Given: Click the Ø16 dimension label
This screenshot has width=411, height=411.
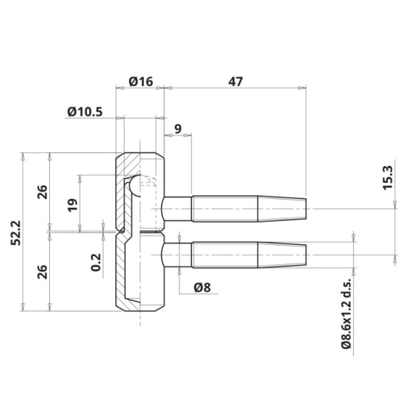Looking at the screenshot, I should pyautogui.click(x=140, y=82).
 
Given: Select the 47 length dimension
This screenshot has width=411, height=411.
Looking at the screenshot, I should pyautogui.click(x=235, y=82).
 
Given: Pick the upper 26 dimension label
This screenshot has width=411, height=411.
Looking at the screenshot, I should pyautogui.click(x=42, y=191).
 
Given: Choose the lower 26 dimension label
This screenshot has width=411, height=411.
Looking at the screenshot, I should pyautogui.click(x=42, y=269).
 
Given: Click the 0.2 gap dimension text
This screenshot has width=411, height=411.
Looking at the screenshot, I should pyautogui.click(x=97, y=262).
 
